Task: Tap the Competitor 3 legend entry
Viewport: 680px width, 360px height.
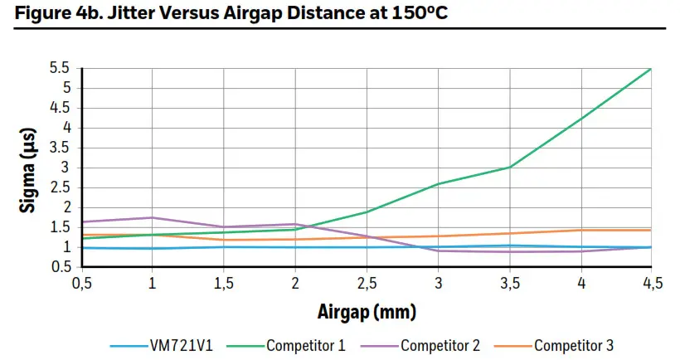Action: [x=573, y=344]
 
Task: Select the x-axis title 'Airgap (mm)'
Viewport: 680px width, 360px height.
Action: [x=366, y=313]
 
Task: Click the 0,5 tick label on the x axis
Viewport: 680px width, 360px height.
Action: [x=80, y=285]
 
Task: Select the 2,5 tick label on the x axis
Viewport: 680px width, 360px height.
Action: [x=366, y=285]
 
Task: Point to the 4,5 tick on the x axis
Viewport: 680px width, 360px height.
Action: [x=652, y=285]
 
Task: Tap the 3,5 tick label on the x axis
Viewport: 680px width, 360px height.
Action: [x=509, y=285]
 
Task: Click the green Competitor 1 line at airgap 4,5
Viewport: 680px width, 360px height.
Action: [x=651, y=69]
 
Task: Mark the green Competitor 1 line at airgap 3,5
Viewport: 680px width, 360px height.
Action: [x=509, y=167]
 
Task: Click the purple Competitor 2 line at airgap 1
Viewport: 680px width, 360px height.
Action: [x=152, y=217]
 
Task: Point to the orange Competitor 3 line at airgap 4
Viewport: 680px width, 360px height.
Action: [x=580, y=230]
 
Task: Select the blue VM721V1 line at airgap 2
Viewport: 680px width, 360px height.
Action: [x=295, y=247]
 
